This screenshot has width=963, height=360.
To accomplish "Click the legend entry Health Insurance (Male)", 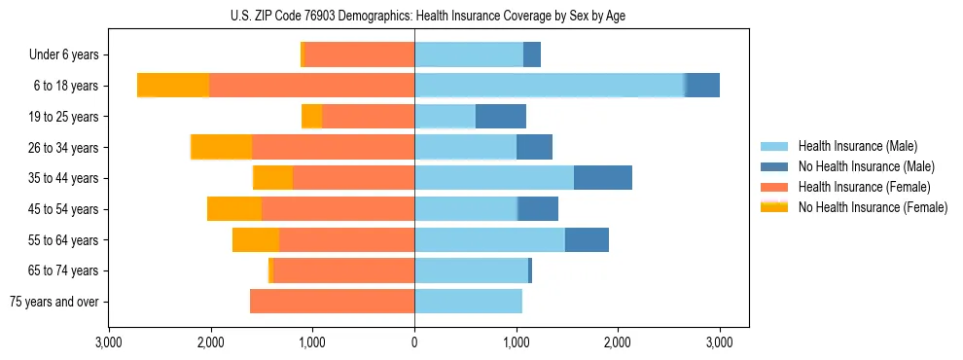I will click(x=857, y=146).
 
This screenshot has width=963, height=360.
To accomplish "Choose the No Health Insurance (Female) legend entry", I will click(x=873, y=207).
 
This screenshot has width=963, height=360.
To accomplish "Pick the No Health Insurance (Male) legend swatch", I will click(x=774, y=166).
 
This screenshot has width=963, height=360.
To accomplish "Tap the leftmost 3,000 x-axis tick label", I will click(x=109, y=342).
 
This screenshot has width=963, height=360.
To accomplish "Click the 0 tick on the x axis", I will click(x=414, y=342).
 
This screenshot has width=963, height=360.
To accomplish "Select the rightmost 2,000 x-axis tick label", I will click(x=618, y=342).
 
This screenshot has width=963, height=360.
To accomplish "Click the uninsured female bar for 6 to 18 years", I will click(x=173, y=86).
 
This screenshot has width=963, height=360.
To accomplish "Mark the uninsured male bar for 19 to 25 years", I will click(x=500, y=117).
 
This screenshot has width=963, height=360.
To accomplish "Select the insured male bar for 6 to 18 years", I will click(x=550, y=86).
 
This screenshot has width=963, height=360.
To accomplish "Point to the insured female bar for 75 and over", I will click(x=332, y=302).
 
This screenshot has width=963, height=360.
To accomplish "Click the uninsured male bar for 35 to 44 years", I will click(x=602, y=178).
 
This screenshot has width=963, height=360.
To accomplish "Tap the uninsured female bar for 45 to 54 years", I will click(x=234, y=209).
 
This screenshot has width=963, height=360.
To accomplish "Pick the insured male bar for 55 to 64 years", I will click(x=489, y=240).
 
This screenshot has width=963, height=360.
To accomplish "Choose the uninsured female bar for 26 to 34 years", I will click(x=222, y=148).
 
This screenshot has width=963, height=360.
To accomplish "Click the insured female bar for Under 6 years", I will click(x=359, y=55).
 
